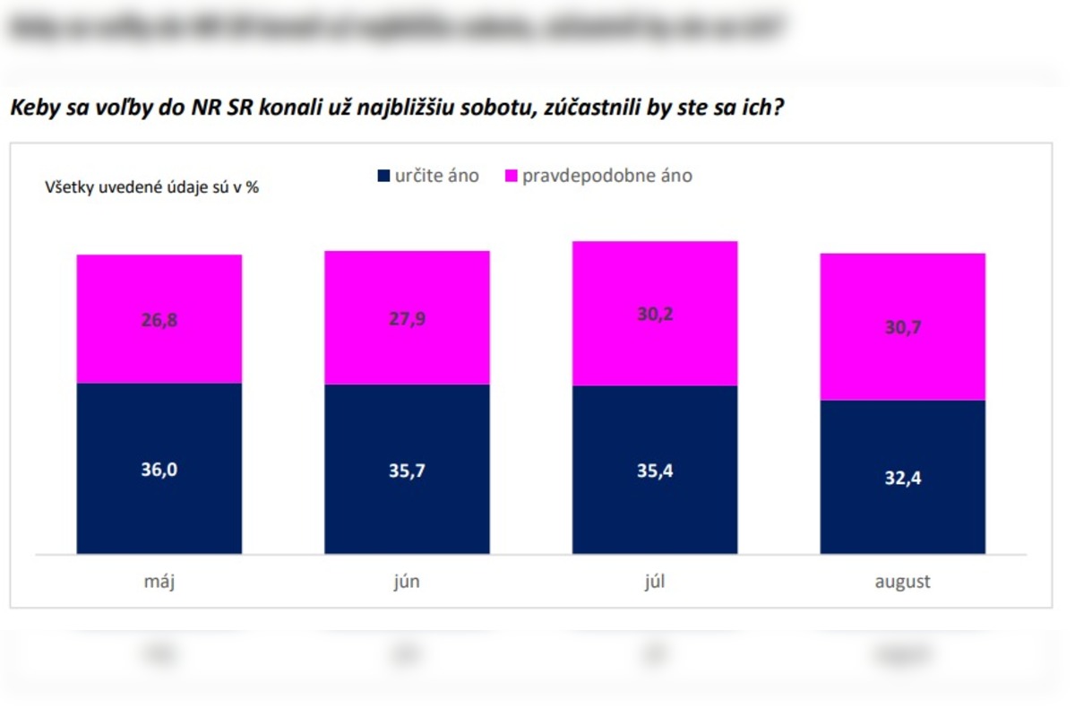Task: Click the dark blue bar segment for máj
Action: point(159,502)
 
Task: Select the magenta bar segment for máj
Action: point(159,287)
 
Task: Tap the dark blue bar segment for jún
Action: point(407,511)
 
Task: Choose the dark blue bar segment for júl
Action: point(655,511)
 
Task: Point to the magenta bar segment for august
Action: point(903,287)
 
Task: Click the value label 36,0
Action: point(159,469)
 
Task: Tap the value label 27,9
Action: point(407,321)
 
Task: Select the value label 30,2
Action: point(655,316)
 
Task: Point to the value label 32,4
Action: point(903,478)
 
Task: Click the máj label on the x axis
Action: point(159,582)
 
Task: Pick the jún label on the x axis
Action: point(407,582)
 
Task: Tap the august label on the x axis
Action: point(903,582)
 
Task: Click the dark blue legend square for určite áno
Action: point(384,177)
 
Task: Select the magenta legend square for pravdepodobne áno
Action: point(512,177)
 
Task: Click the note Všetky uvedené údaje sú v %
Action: point(151,188)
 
